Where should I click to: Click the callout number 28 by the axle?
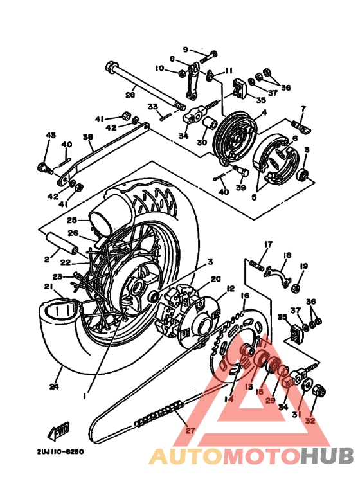pyautogui.click(x=130, y=95)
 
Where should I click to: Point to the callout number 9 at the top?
pyautogui.click(x=186, y=50)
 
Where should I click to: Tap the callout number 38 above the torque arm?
pyautogui.click(x=87, y=137)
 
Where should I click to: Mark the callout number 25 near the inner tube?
pyautogui.click(x=72, y=219)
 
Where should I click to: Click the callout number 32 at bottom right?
pyautogui.click(x=310, y=421)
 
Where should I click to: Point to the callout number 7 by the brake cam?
pyautogui.click(x=303, y=109)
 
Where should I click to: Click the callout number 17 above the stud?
pyautogui.click(x=268, y=244)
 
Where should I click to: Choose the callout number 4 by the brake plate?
pyautogui.click(x=262, y=113)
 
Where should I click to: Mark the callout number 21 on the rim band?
pyautogui.click(x=48, y=286)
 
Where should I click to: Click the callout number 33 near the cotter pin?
pyautogui.click(x=152, y=107)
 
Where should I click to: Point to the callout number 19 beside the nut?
pyautogui.click(x=304, y=266)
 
